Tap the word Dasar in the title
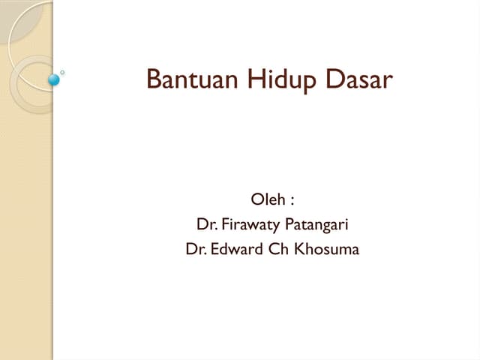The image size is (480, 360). coord(358,79)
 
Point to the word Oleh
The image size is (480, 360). coord(265,200)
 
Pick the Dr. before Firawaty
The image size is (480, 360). coord(206,223)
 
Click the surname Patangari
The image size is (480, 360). coord(316,224)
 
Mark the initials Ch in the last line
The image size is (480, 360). coord(277,248)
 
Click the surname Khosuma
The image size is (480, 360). coord(326,248)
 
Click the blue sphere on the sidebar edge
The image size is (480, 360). coord(53,78)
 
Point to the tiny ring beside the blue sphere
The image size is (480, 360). coord(62,73)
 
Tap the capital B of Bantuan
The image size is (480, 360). coord(153,79)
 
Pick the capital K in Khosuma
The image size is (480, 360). coord(298,248)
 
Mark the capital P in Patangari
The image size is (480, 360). coord(287,223)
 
